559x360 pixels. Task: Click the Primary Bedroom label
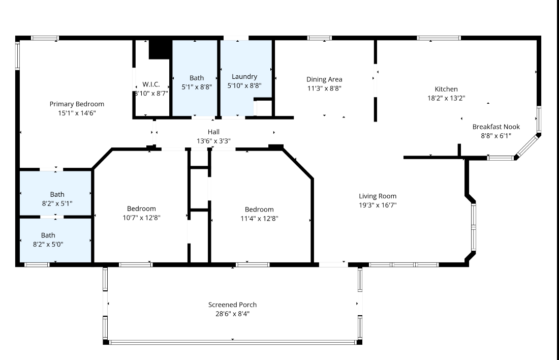pyautogui.click(x=77, y=104)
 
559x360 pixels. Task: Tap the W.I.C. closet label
pyautogui.click(x=151, y=84)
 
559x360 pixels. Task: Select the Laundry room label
pyautogui.click(x=244, y=77)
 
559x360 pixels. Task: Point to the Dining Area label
pyautogui.click(x=324, y=79)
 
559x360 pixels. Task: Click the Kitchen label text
pyautogui.click(x=446, y=89)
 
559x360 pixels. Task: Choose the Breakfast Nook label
pyautogui.click(x=496, y=127)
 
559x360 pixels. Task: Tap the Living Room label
pyautogui.click(x=378, y=196)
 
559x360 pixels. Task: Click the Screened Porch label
pyautogui.click(x=232, y=305)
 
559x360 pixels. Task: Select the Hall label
pyautogui.click(x=213, y=132)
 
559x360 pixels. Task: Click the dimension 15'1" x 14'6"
pyautogui.click(x=77, y=113)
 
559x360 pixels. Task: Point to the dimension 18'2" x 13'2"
pyautogui.click(x=446, y=98)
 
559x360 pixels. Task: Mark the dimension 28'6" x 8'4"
pyautogui.click(x=232, y=314)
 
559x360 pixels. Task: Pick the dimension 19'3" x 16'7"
pyautogui.click(x=378, y=205)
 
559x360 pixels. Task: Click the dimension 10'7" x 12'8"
pyautogui.click(x=142, y=218)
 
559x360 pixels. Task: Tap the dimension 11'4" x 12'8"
pyautogui.click(x=259, y=219)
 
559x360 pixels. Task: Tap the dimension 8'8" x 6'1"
pyautogui.click(x=496, y=136)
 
